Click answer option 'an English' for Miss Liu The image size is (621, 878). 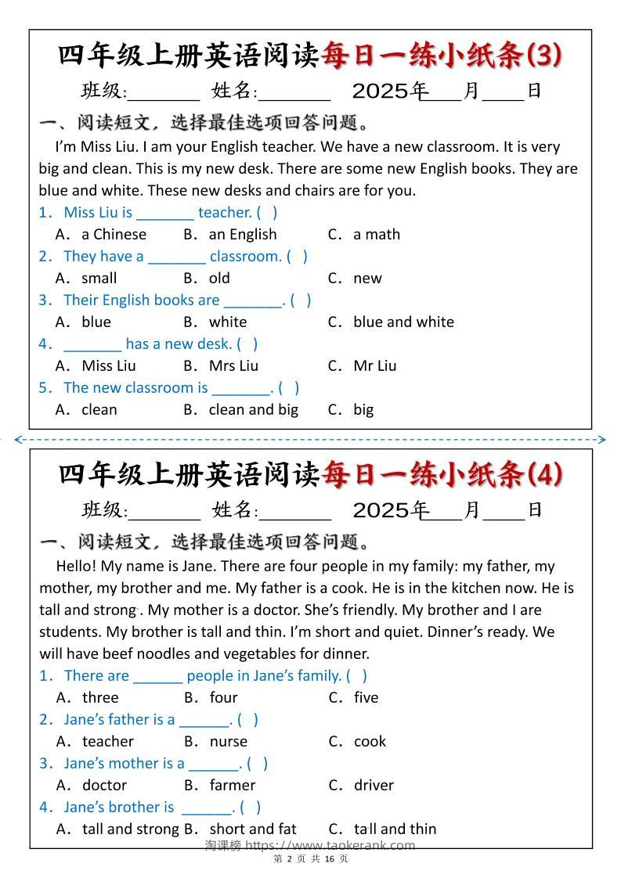coord(242,234)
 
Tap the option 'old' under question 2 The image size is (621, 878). coord(219,278)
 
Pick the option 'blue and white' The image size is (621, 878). coord(403,322)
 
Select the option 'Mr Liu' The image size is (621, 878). coord(374,365)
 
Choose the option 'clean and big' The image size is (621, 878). coord(253,409)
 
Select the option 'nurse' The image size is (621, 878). coord(228,741)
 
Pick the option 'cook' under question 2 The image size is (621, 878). coord(370,741)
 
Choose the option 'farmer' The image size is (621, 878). coord(232,785)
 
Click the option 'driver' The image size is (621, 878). coord(374,785)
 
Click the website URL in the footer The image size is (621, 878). coord(330,845)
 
